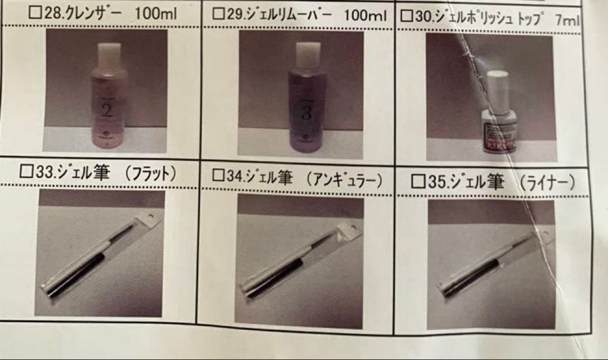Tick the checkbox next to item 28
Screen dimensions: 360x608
click(35, 12)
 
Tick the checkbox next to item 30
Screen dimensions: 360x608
click(406, 16)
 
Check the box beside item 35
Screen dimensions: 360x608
click(418, 181)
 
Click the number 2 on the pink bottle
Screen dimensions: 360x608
click(107, 109)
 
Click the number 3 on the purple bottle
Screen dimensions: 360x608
click(306, 112)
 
